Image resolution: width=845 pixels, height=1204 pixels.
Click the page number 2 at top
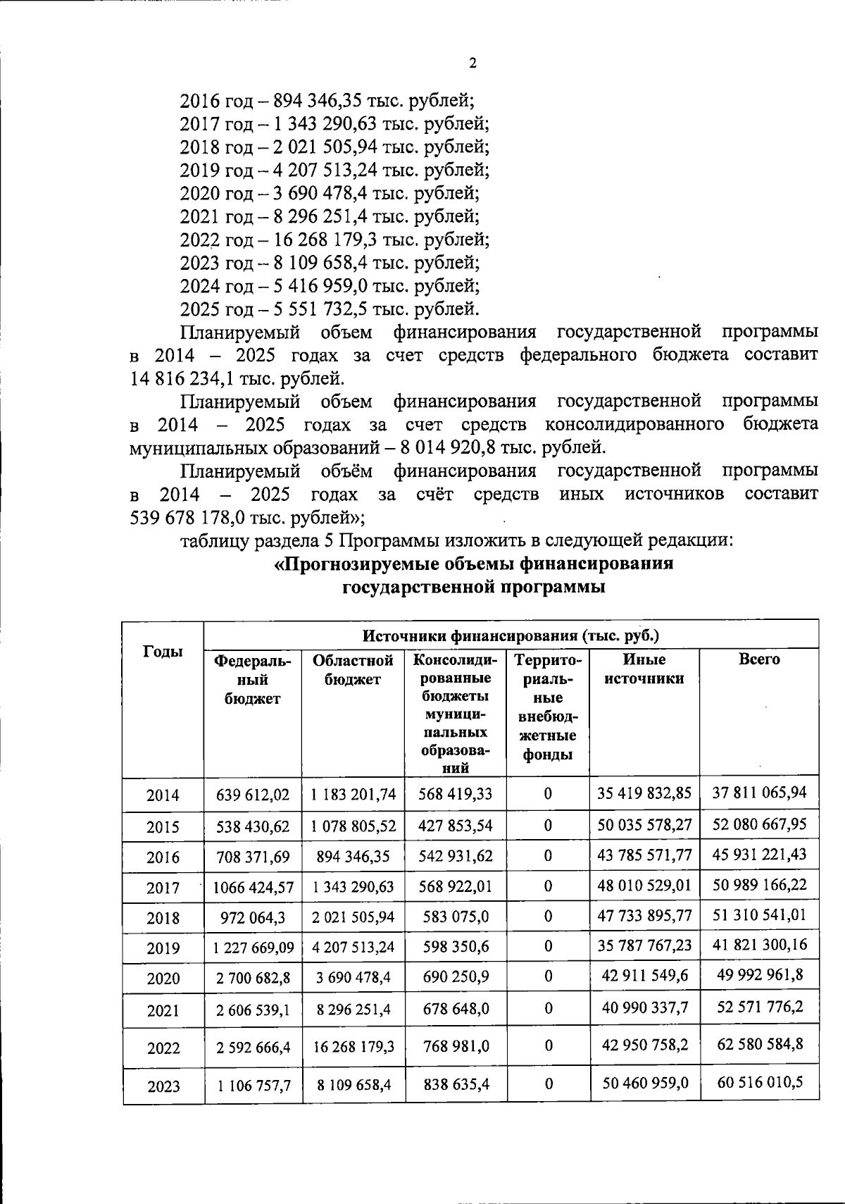coord(472,63)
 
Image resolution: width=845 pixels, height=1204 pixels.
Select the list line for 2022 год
coord(335,240)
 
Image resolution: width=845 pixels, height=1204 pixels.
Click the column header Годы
coord(163,652)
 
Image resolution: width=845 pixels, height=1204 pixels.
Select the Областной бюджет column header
coord(353,669)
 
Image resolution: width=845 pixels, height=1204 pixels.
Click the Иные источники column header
coord(644,669)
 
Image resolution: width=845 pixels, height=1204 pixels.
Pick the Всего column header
coord(759,660)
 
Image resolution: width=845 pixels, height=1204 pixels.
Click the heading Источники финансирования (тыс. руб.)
coord(511,635)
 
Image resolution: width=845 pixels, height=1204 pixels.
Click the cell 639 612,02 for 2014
coord(252,795)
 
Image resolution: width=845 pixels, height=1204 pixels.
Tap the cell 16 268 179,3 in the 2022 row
coord(353,1046)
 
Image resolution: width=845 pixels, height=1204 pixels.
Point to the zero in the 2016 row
coord(547,855)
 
